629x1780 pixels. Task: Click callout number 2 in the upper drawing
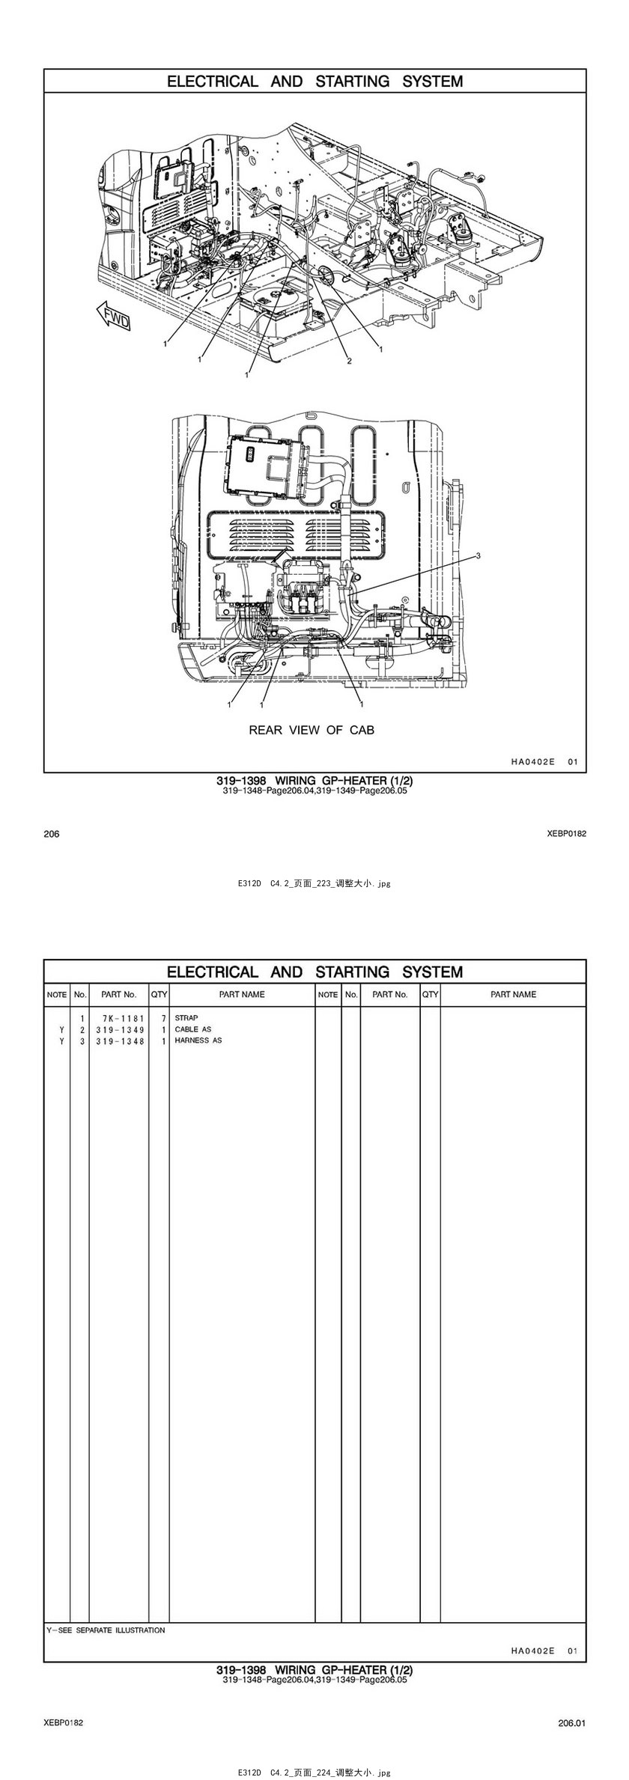[349, 361]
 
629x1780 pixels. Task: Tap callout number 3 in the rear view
[478, 555]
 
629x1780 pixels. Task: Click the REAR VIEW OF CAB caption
[312, 730]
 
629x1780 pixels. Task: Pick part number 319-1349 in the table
[120, 1029]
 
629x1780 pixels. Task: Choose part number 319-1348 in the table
[120, 1040]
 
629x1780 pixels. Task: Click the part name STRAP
[186, 1018]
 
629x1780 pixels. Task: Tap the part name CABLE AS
[193, 1029]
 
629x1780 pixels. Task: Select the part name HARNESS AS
[198, 1040]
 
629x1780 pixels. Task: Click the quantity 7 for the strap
[162, 1018]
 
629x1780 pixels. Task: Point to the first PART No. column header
[119, 995]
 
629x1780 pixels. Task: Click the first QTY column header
[159, 995]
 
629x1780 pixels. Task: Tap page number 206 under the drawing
[52, 834]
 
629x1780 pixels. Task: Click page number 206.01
[571, 1723]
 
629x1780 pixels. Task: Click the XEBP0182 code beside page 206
[567, 834]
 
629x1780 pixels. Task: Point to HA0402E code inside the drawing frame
[532, 762]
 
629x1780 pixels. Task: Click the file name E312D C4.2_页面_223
[314, 883]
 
